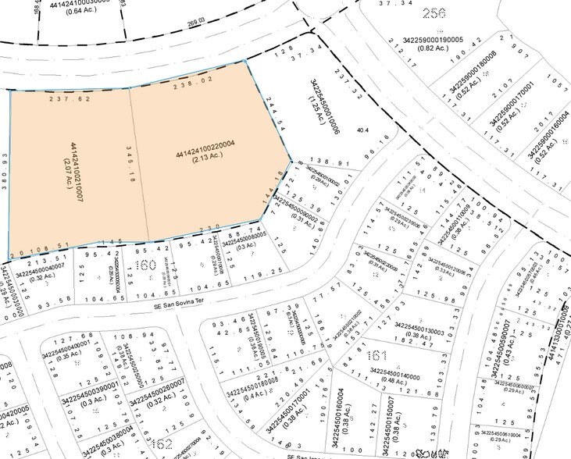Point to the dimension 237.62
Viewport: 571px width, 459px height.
click(x=70, y=99)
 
